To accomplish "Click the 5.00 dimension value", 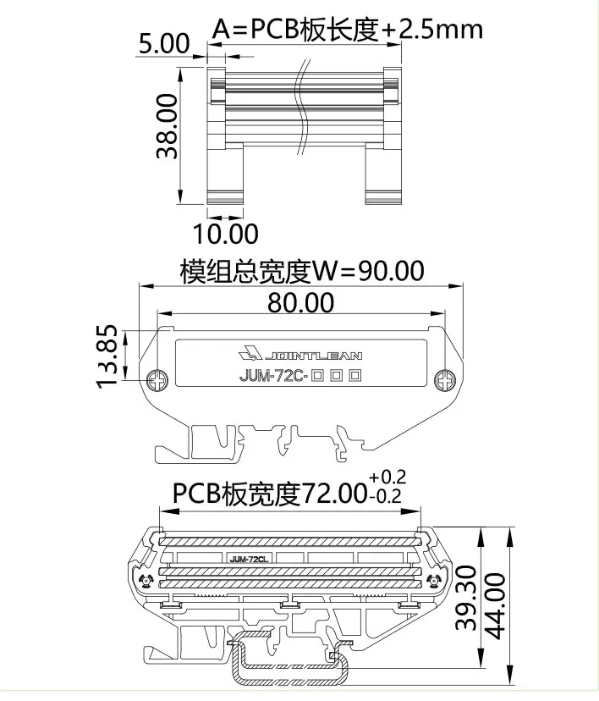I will pos(166,44).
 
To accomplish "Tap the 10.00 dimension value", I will pos(226,232).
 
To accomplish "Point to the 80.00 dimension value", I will pos(300,301).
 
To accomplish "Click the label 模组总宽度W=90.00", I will pos(301,271).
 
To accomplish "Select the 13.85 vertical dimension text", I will pos(107,356).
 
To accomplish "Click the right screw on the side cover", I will pos(444,381).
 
